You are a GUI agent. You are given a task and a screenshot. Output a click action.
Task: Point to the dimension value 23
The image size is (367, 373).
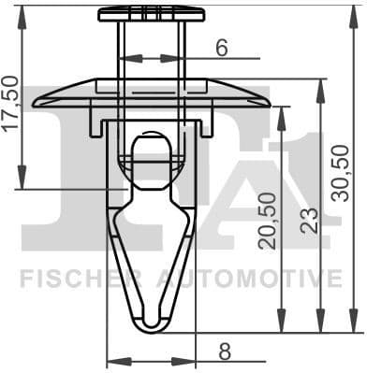coord(309,219)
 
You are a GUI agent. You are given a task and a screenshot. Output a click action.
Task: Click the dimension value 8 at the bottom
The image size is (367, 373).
coord(224,351)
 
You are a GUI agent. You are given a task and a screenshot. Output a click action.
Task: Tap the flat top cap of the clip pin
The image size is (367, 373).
coord(151,12)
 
